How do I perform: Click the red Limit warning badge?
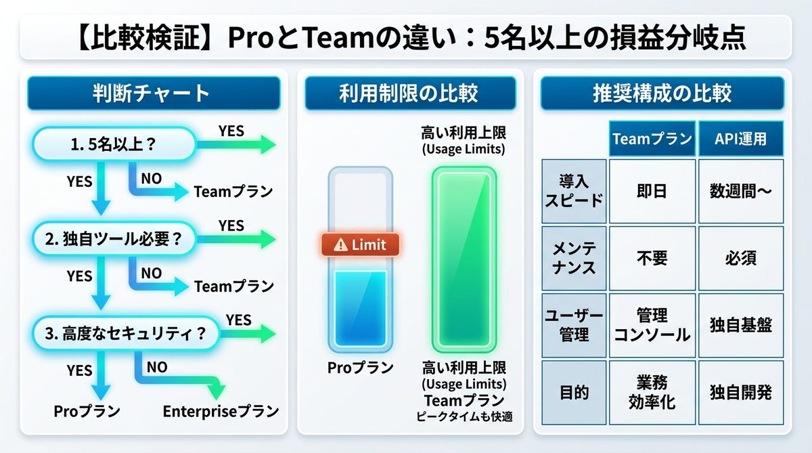coord(360,244)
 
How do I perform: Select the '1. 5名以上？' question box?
coord(113,144)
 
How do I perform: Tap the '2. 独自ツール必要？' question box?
coord(113,239)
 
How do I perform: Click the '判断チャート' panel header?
coord(153,93)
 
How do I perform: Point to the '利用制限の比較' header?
coord(409,93)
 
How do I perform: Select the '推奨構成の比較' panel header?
coord(662,93)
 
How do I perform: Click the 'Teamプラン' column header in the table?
coord(652,139)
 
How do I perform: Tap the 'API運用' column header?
coord(741,139)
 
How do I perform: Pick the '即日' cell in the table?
coord(652,192)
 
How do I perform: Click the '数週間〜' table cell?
coord(741,192)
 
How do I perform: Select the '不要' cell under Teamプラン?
coord(652,258)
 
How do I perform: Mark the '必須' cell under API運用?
coord(741,258)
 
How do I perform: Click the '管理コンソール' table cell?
coord(652,325)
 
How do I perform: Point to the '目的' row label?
coord(574,393)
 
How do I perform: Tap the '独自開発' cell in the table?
coord(741,393)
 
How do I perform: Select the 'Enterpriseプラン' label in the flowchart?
coord(221,411)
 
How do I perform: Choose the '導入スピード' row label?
coord(574,192)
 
